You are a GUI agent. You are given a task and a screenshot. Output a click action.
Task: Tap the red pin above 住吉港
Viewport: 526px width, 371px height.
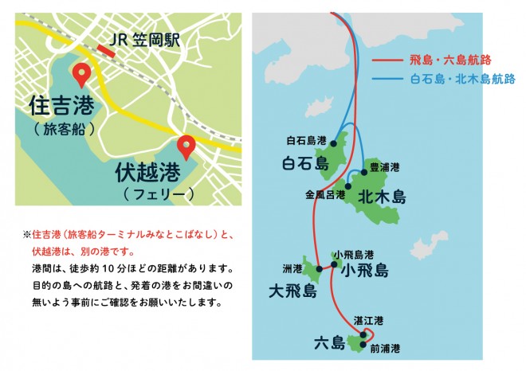pyautogui.click(x=80, y=74)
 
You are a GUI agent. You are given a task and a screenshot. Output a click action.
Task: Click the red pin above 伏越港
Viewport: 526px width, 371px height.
pyautogui.click(x=186, y=145)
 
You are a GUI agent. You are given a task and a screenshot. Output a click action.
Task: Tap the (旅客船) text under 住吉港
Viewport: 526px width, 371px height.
pyautogui.click(x=61, y=127)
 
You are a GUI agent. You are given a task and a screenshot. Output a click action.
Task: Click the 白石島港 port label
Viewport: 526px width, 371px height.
pyautogui.click(x=306, y=141)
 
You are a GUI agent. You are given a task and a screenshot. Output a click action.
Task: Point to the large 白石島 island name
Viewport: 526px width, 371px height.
pyautogui.click(x=305, y=164)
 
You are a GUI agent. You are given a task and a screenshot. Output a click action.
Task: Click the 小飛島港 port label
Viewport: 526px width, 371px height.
pyautogui.click(x=355, y=255)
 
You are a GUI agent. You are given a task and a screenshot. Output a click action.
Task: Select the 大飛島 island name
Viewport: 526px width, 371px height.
pyautogui.click(x=292, y=292)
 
